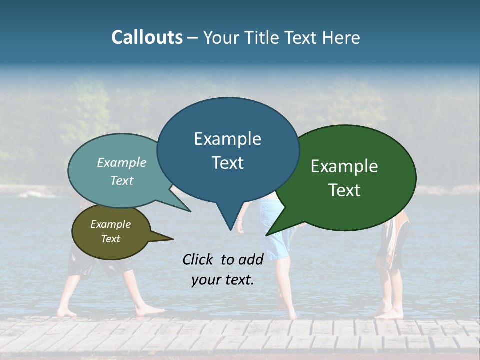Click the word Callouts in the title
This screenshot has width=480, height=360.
(x=147, y=37)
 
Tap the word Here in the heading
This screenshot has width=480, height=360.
(x=341, y=37)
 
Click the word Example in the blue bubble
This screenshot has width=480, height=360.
(x=227, y=139)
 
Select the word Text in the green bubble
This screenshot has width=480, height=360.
(x=344, y=190)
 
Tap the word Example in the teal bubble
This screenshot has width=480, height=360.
(x=122, y=162)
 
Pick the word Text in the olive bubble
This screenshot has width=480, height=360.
(x=111, y=239)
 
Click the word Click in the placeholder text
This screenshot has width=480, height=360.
(x=199, y=259)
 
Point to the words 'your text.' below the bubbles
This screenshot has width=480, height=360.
(x=223, y=280)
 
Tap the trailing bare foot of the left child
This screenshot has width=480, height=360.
(x=67, y=312)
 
